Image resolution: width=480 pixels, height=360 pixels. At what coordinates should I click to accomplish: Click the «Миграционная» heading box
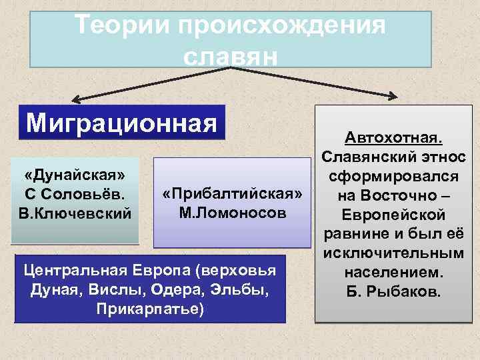pos(122,123)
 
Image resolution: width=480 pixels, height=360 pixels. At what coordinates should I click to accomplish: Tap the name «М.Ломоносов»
pos(233,213)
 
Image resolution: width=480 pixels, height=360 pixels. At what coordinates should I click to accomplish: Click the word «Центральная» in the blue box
pos(71,273)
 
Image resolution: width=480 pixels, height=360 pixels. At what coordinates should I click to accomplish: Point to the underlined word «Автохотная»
pos(394,138)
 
